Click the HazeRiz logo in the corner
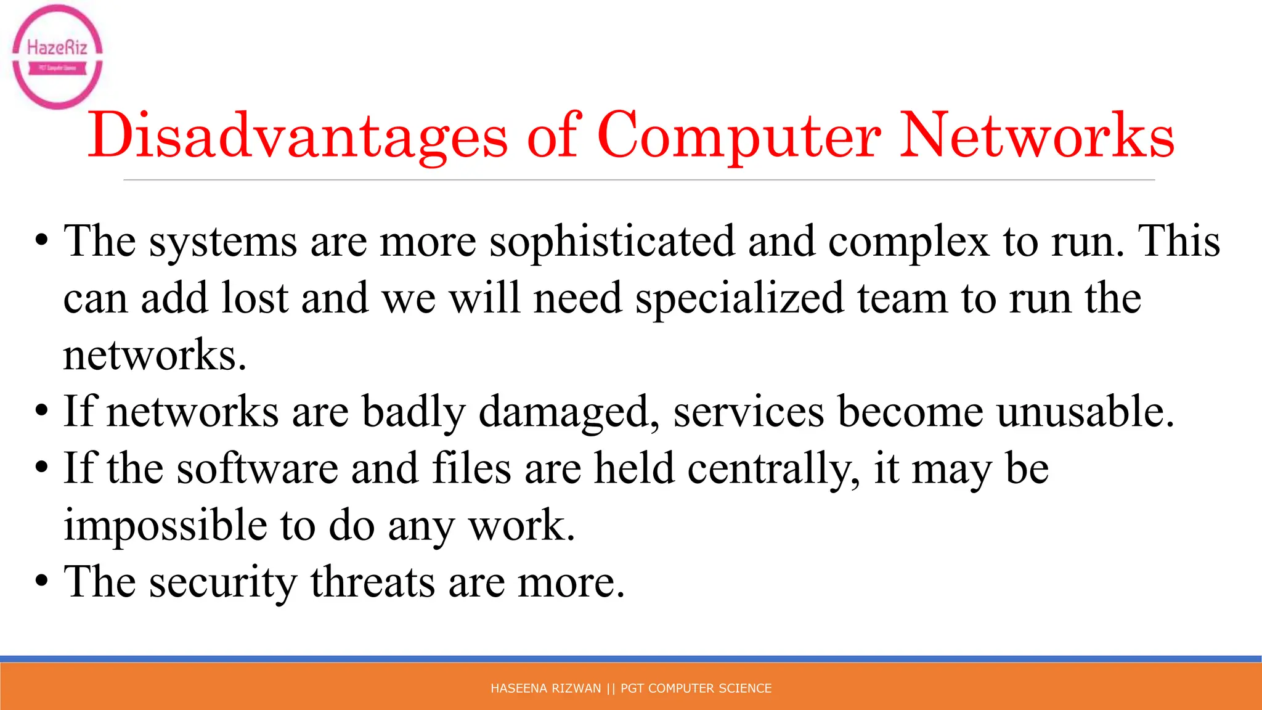tap(57, 57)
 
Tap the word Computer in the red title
tap(739, 136)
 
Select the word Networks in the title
tap(1037, 136)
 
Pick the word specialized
tap(739, 298)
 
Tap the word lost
tap(254, 298)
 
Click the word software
tap(258, 468)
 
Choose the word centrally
tap(773, 468)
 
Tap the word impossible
tap(165, 526)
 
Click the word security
tap(223, 582)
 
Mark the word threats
tap(373, 582)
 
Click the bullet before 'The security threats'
tap(41, 581)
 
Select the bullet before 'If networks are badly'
tap(41, 410)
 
